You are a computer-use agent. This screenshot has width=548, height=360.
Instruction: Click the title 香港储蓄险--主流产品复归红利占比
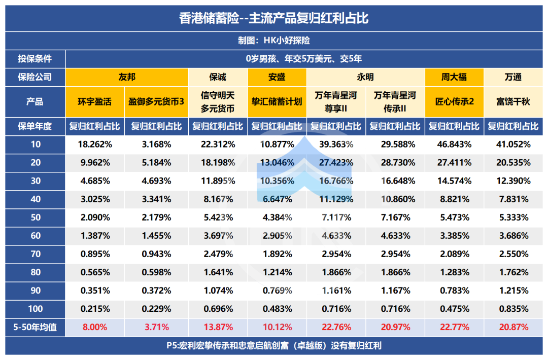tap(273, 19)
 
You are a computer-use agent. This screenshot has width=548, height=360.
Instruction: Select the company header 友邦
tap(127, 77)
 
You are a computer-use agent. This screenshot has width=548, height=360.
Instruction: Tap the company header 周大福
tap(454, 77)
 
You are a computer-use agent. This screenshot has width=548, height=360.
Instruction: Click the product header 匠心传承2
tap(454, 101)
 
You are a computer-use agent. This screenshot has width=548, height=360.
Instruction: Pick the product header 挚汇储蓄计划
tap(277, 101)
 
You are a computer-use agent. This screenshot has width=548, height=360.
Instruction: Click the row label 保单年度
tap(35, 126)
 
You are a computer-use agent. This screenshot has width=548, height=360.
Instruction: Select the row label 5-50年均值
tap(35, 327)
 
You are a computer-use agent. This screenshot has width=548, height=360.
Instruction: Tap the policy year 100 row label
tap(35, 309)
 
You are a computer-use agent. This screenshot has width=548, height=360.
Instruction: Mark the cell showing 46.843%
tap(454, 144)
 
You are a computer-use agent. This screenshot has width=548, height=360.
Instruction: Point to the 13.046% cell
tap(277, 163)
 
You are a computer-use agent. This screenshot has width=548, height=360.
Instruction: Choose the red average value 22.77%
tap(454, 327)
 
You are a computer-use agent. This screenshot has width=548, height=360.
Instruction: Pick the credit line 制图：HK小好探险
tap(273, 41)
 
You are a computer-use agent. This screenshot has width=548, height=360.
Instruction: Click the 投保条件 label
tap(35, 58)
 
